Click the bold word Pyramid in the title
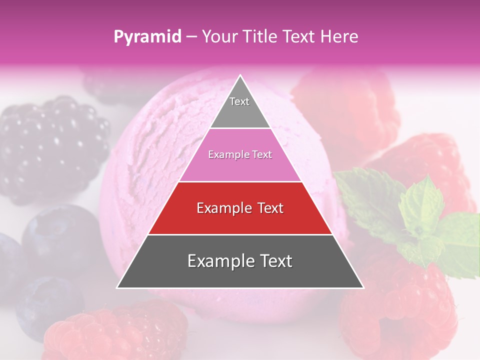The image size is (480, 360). (x=147, y=37)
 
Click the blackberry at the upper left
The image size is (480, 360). (x=50, y=145)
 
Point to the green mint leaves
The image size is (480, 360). (x=420, y=215)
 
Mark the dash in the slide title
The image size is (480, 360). (x=191, y=37)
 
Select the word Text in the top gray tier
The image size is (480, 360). (x=239, y=101)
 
